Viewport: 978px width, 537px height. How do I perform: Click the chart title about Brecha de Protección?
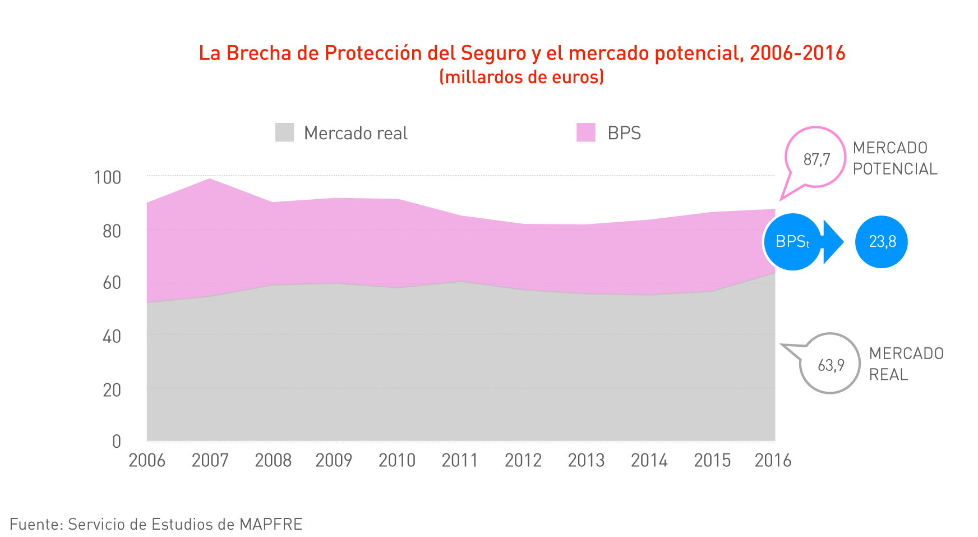point(522,53)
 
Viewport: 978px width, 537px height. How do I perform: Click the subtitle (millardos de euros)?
point(522,77)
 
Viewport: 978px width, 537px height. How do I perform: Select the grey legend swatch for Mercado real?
point(284,133)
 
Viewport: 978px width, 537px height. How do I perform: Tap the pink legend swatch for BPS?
point(585,133)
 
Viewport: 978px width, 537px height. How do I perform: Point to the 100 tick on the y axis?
point(108,178)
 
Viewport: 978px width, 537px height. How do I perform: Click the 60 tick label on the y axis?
point(112,283)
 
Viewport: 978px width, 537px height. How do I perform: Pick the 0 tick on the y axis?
point(116,442)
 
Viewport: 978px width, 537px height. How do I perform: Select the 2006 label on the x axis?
point(147,461)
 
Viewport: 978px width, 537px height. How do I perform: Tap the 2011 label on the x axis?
point(460,461)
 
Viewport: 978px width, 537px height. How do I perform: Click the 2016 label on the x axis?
point(773,461)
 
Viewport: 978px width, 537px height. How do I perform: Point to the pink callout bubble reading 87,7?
point(816,159)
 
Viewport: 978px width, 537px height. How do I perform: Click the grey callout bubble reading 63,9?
point(831,365)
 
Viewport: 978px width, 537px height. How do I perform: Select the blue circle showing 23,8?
point(882,242)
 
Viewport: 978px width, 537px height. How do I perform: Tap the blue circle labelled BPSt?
point(792,242)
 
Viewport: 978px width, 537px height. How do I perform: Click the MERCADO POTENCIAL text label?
point(894,158)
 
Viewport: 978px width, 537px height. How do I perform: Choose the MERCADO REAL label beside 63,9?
point(906,364)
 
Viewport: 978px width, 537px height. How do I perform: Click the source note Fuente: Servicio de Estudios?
point(156,524)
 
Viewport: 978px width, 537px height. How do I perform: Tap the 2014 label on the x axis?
point(649,461)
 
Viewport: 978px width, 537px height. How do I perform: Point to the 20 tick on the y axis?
point(112,390)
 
